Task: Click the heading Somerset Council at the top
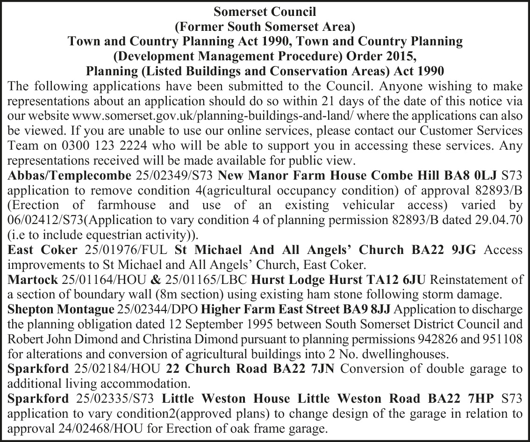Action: tap(265, 10)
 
